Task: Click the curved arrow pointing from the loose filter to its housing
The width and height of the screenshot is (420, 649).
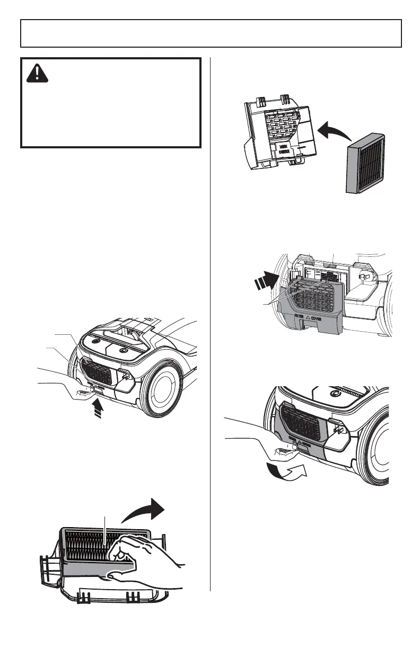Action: (x=329, y=130)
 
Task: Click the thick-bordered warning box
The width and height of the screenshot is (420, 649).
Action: (x=110, y=102)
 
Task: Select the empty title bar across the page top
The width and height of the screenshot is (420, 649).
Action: (x=210, y=33)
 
